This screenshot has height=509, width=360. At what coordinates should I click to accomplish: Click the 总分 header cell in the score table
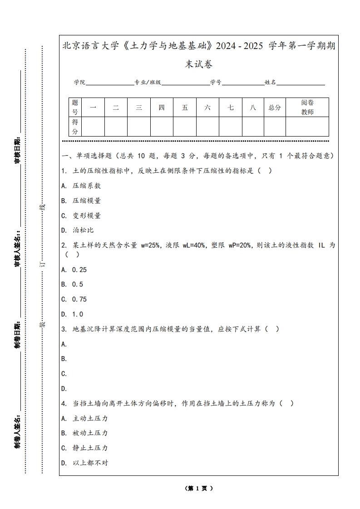tap(275, 108)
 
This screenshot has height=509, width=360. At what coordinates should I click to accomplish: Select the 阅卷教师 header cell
tap(307, 108)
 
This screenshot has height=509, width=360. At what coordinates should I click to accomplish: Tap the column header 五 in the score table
tap(185, 108)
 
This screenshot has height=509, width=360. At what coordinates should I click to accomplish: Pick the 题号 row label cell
tap(75, 108)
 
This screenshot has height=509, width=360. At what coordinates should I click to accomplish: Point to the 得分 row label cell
tap(75, 127)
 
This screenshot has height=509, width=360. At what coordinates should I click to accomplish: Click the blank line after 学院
tap(109, 84)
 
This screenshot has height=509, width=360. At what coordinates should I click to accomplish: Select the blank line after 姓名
tap(301, 84)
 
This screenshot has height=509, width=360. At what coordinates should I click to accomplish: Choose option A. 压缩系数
tap(81, 186)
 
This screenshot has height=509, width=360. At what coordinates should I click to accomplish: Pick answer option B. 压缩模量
tap(81, 201)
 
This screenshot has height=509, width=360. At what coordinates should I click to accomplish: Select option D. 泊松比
tap(78, 230)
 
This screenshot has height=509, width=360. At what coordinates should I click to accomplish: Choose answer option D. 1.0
tap(72, 314)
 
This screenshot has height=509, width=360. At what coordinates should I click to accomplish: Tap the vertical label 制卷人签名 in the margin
tap(17, 431)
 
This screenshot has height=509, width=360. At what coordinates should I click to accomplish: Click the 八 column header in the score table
tap(253, 108)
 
